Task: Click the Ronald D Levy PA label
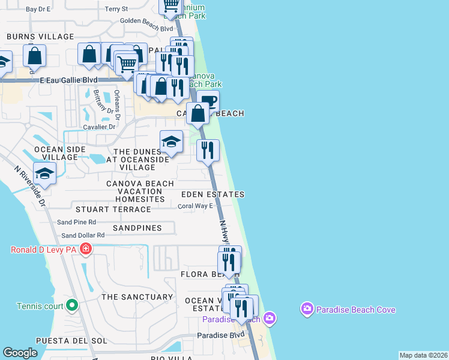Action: pos(44,249)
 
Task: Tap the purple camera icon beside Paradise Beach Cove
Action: pos(307,309)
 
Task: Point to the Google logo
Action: pos(20,353)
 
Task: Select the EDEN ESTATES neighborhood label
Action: pos(213,194)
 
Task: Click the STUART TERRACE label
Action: pos(113,209)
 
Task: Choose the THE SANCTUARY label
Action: pos(137,297)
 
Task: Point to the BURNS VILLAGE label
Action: pos(40,37)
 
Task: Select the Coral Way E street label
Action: pos(196,206)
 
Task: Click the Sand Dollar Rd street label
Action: pos(83,235)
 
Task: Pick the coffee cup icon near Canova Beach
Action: pos(208,100)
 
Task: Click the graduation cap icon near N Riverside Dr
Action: pos(44,174)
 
